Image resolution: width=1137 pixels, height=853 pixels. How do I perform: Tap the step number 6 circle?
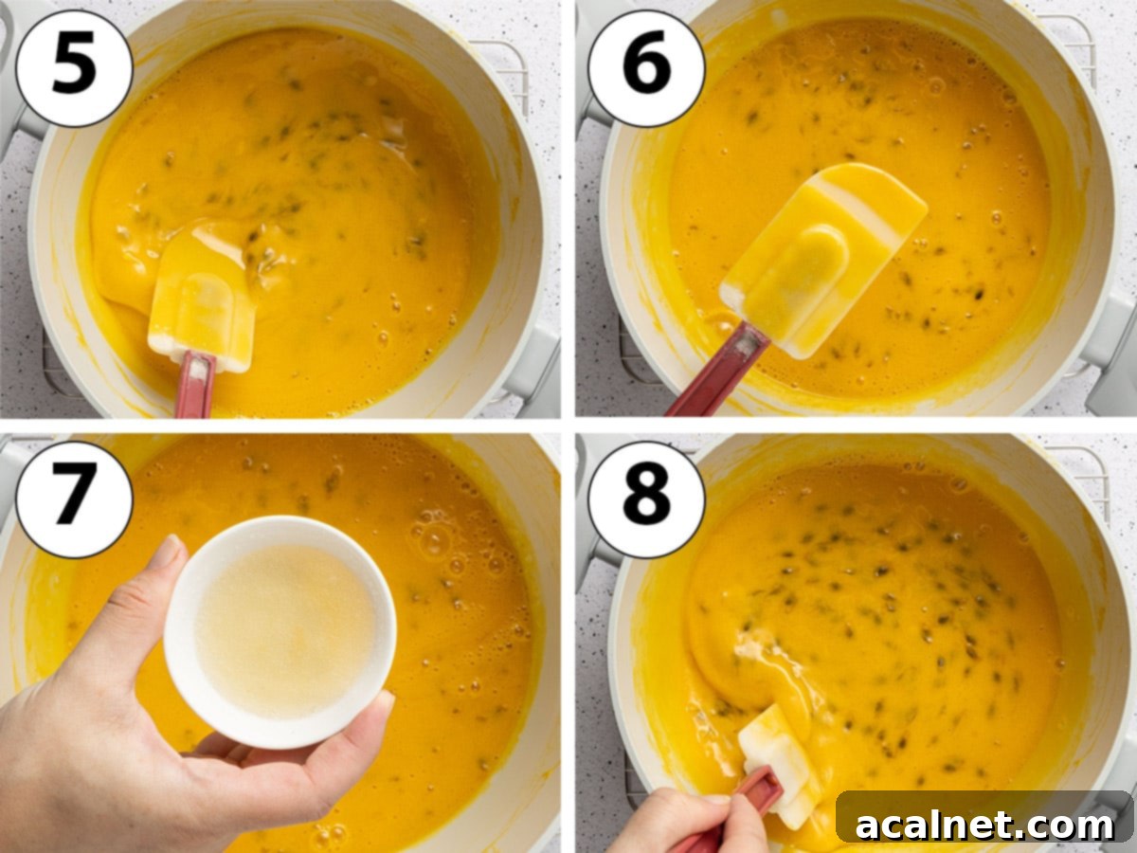(x=646, y=66)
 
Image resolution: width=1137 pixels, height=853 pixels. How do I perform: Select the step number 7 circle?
(x=74, y=499)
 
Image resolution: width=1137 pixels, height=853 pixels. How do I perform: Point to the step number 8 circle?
(x=646, y=499)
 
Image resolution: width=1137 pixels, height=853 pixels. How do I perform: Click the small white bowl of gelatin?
(x=280, y=629)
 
